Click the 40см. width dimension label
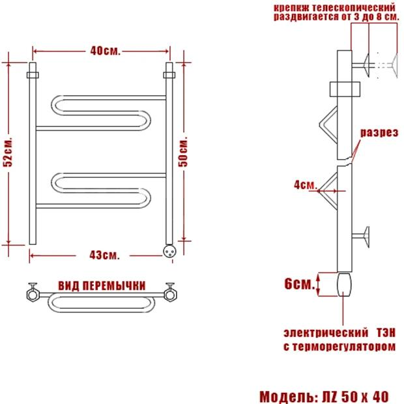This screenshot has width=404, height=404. pyautogui.click(x=105, y=51)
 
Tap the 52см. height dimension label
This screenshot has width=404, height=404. pyautogui.click(x=8, y=152)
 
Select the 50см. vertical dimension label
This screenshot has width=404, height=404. pyautogui.click(x=183, y=152)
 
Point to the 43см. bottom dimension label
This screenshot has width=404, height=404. pyautogui.click(x=104, y=255)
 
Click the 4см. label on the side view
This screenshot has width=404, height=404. pyautogui.click(x=305, y=184)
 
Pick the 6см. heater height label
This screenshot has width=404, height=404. pyautogui.click(x=300, y=283)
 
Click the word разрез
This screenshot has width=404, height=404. pyautogui.click(x=379, y=133)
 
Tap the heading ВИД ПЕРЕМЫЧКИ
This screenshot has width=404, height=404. pyautogui.click(x=102, y=286)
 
